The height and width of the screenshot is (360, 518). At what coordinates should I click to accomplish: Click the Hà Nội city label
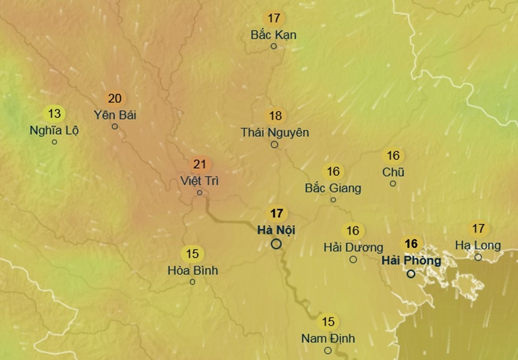[276, 230]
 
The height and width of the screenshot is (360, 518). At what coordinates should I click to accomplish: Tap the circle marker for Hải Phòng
[411, 274]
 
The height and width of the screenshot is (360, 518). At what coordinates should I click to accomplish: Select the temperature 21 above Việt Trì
[200, 165]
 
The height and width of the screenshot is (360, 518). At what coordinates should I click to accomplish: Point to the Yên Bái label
[115, 115]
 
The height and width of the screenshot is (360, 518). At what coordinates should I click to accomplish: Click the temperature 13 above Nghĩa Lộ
[55, 113]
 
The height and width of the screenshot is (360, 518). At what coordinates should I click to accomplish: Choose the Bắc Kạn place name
[274, 35]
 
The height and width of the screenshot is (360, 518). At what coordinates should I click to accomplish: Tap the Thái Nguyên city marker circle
[275, 145]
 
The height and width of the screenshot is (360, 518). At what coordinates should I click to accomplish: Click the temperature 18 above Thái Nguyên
[275, 116]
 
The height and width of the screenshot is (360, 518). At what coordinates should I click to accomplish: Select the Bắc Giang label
[333, 188]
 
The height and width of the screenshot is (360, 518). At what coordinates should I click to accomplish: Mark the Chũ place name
[393, 172]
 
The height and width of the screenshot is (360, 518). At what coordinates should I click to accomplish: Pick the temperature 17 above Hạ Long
[478, 229]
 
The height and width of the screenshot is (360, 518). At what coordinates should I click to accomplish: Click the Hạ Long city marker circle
[478, 257]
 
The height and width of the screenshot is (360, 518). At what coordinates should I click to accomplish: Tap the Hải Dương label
[353, 248]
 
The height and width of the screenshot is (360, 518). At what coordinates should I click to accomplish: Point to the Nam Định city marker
[327, 350]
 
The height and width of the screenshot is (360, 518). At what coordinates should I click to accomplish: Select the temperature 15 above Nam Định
[328, 322]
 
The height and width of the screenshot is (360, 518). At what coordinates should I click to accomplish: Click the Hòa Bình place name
[193, 270]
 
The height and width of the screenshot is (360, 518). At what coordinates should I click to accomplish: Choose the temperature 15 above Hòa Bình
[192, 253]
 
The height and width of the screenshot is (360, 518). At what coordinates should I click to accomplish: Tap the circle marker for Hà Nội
[276, 244]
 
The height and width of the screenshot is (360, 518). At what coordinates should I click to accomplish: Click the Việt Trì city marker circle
[200, 192]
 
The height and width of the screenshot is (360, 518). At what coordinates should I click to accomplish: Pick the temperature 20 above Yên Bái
[115, 98]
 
